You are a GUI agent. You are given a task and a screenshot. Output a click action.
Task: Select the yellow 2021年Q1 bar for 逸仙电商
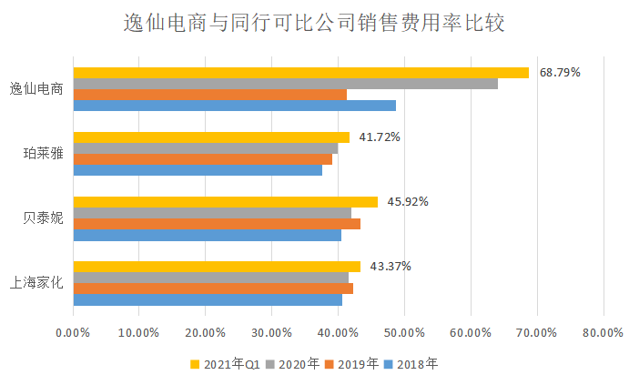(x=300, y=73)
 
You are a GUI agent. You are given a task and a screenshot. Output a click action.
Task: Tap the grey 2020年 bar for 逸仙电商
(x=285, y=84)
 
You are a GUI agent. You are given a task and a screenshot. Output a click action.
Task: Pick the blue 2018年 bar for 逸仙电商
(x=234, y=106)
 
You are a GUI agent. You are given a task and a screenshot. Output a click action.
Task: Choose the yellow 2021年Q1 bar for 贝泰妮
(x=225, y=202)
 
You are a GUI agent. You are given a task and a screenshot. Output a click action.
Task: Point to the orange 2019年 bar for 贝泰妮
(x=217, y=224)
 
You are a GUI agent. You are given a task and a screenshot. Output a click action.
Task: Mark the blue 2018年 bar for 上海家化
(x=208, y=299)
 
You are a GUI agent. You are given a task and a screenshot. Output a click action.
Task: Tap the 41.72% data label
(x=380, y=137)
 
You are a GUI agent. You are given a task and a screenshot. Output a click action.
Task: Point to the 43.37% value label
(x=390, y=267)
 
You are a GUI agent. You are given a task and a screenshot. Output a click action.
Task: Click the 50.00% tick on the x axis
(x=404, y=333)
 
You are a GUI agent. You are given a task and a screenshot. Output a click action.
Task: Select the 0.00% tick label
(x=73, y=333)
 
